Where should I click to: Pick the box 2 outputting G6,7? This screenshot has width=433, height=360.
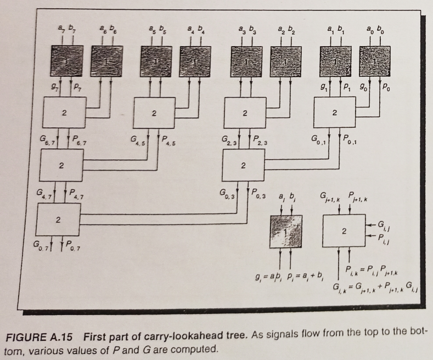(64, 114)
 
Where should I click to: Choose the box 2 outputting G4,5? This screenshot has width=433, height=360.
(154, 114)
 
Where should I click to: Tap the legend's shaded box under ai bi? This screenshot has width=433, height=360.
(286, 233)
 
